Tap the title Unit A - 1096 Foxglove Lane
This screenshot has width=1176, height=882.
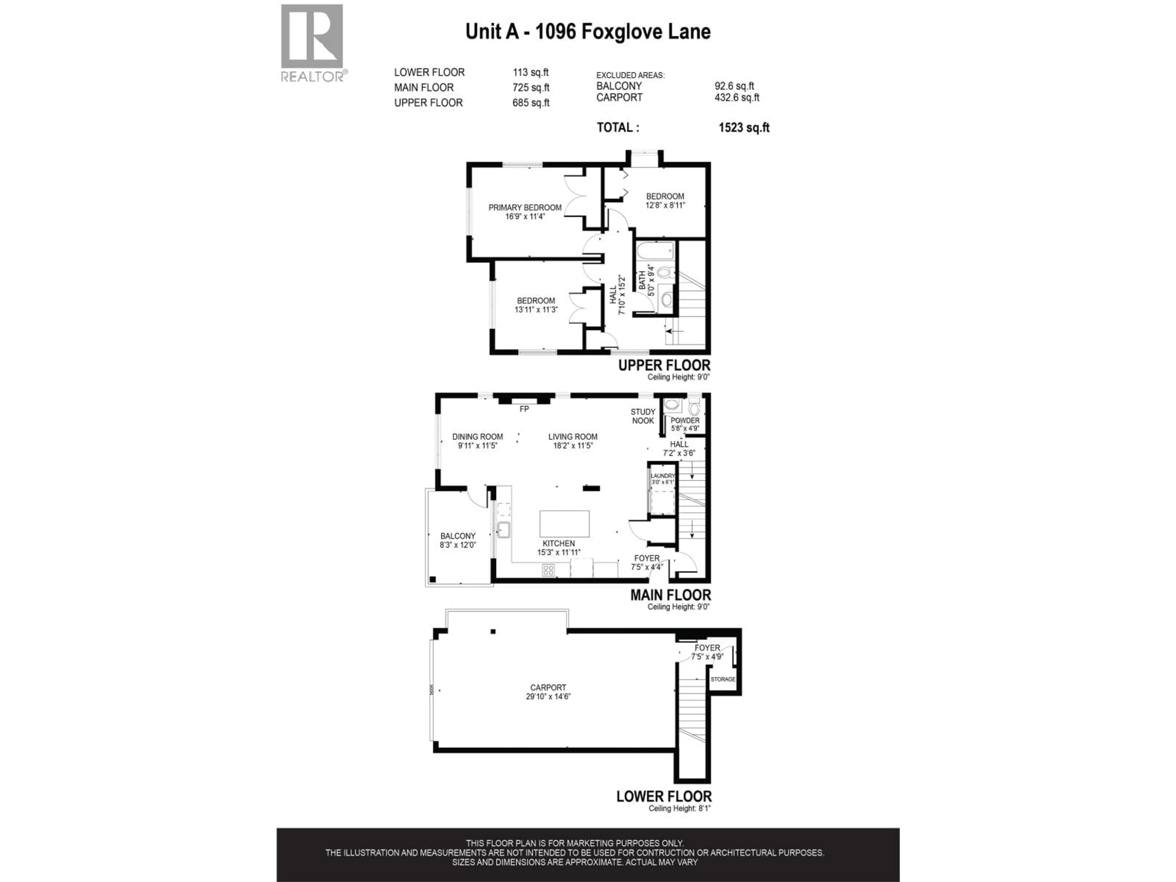(x=587, y=32)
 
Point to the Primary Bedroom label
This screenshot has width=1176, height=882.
(x=525, y=207)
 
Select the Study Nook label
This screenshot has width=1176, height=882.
(x=643, y=416)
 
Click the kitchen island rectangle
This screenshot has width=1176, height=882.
(x=564, y=524)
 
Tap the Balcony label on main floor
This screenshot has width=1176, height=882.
(x=458, y=536)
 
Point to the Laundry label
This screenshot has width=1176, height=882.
(x=662, y=476)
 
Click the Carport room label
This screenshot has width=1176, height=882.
(x=548, y=688)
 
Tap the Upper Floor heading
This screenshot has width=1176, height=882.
(x=664, y=366)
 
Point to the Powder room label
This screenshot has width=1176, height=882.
(x=685, y=420)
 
